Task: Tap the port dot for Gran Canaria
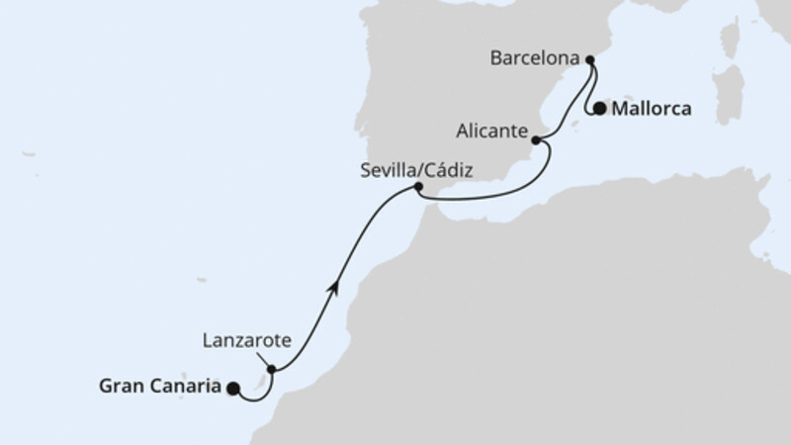(233, 389)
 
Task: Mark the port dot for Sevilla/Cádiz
(418, 187)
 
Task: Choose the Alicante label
(493, 128)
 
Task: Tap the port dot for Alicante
(537, 141)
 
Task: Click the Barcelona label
(534, 59)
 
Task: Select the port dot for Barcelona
(591, 61)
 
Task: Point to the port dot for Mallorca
(599, 109)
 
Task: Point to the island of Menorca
(629, 95)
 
